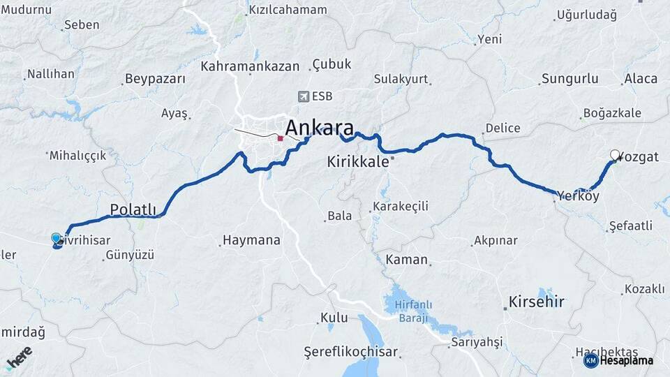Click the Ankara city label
[x=319, y=128]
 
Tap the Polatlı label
[x=136, y=209]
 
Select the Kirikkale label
[x=357, y=162]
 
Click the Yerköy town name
[x=578, y=196]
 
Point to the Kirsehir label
[x=536, y=302]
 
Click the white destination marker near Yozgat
[x=615, y=155]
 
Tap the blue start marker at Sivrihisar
[x=57, y=239]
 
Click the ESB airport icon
[x=303, y=96]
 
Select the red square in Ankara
[x=280, y=138]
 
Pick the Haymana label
[x=251, y=240]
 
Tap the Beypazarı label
[x=155, y=79]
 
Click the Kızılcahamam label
[x=288, y=10]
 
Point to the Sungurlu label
[x=569, y=78]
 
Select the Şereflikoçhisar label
[x=351, y=351]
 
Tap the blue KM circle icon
[x=590, y=360]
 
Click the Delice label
[x=502, y=128]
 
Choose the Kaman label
[x=406, y=260]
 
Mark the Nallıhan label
[x=50, y=73]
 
